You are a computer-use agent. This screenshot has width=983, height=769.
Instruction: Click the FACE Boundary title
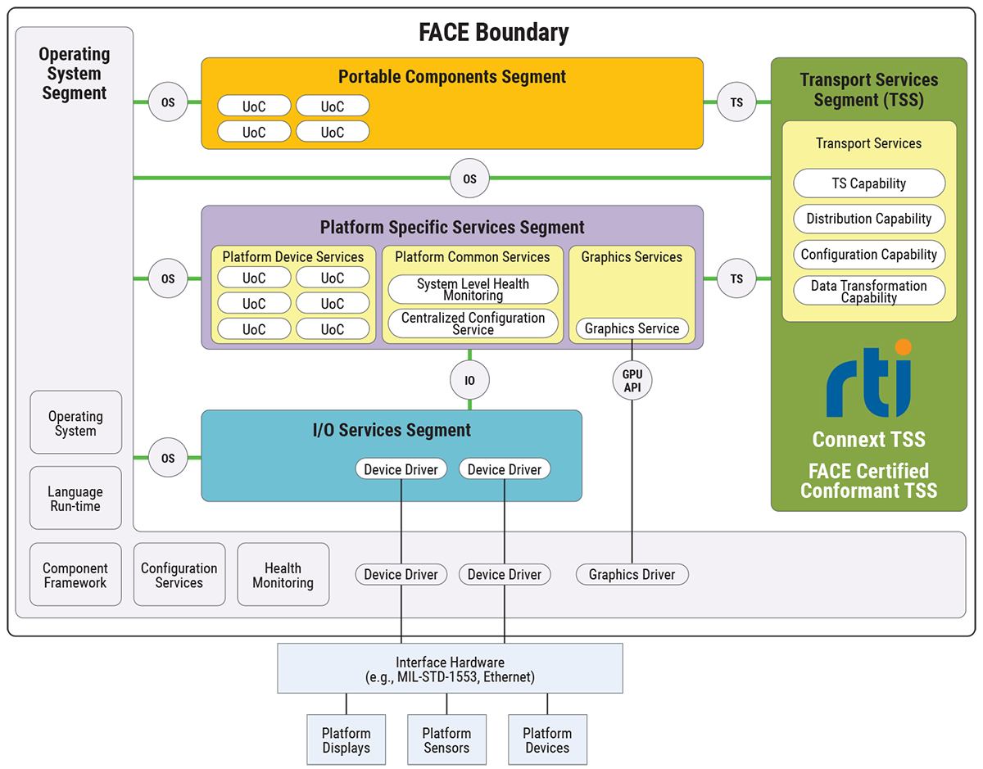click(493, 33)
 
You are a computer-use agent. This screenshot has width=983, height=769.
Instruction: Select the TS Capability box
click(868, 183)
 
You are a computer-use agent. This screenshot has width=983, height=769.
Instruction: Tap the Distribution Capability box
click(868, 219)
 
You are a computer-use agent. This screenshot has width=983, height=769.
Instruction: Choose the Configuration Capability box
click(868, 254)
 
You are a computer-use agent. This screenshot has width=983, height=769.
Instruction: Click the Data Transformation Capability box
click(868, 291)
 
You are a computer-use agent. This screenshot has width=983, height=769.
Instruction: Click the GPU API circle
click(632, 380)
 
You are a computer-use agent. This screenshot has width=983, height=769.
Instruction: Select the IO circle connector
click(469, 380)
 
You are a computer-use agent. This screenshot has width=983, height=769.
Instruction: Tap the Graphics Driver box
click(632, 574)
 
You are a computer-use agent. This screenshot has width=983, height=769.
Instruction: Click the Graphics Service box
click(632, 328)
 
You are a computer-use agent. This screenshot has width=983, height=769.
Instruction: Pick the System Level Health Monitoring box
click(473, 289)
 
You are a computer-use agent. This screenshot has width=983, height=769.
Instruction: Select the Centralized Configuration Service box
click(473, 323)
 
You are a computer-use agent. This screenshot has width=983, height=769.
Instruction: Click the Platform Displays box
click(346, 740)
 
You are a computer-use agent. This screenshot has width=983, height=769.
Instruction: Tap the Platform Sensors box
click(446, 740)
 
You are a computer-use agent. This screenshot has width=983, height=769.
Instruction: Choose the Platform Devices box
click(547, 740)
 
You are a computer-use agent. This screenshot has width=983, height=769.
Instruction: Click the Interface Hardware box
click(450, 668)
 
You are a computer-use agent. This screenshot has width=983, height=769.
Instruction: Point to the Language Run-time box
click(75, 498)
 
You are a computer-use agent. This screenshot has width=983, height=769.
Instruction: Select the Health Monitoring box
click(283, 575)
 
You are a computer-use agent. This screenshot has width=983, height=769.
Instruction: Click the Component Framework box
click(75, 575)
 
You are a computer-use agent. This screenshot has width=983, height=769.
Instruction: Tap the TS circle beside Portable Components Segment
click(736, 102)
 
